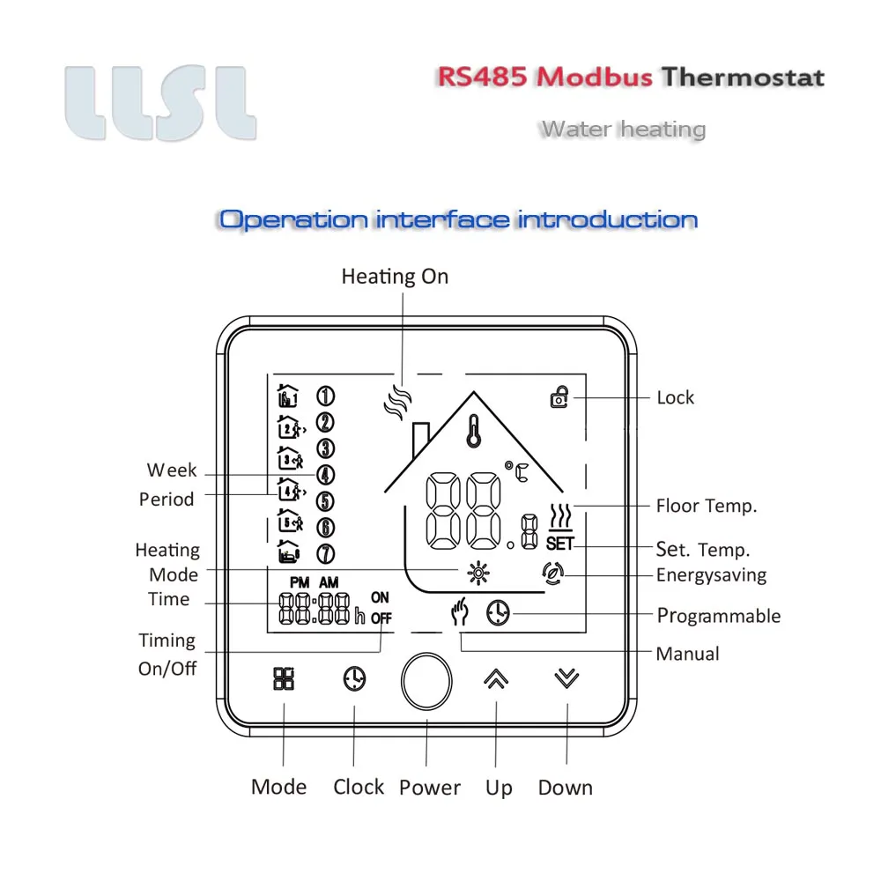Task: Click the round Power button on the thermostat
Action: [426, 681]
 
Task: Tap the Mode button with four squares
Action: [284, 678]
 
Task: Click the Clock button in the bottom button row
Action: [354, 678]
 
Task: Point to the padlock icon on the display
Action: [559, 398]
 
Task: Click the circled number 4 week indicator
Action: [325, 475]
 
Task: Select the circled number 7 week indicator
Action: [325, 554]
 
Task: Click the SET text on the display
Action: [559, 544]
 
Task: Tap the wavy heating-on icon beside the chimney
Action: [398, 403]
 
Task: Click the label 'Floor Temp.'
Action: [707, 506]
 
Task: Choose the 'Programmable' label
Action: [719, 615]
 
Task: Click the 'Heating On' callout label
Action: [395, 277]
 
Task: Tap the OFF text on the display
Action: [381, 618]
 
